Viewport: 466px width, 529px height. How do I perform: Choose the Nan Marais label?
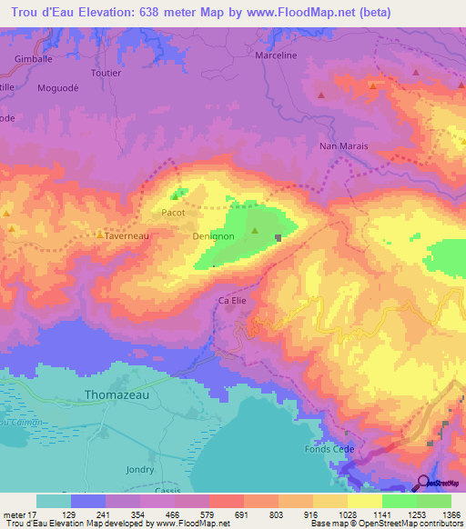pos(342,145)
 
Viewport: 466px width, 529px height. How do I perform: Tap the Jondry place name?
pos(140,469)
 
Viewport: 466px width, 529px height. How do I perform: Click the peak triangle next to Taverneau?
pos(99,233)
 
